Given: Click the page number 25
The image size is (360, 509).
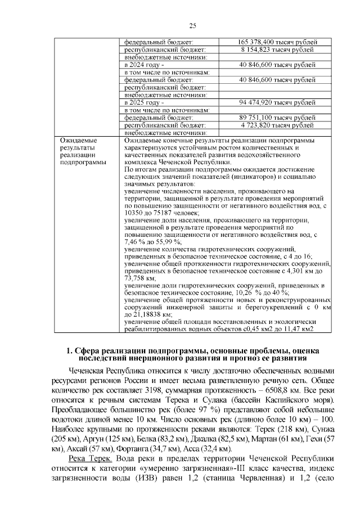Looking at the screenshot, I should (192, 26).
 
